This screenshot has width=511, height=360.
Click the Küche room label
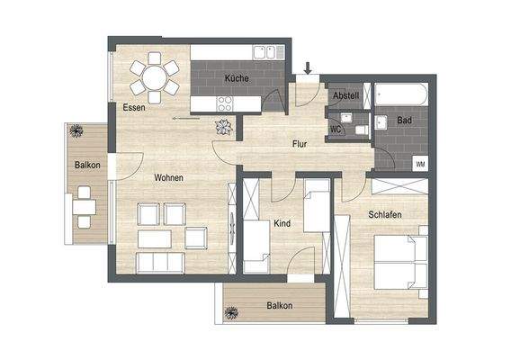point(238,79)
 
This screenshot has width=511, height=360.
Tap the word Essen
point(135,109)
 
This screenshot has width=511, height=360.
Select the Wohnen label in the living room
point(168,178)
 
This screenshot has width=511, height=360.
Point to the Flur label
point(300,144)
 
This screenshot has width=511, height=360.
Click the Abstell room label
point(346,95)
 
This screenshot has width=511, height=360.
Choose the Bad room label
point(404,120)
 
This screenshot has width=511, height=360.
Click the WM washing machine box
point(420,164)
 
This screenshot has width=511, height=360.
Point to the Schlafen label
point(384,215)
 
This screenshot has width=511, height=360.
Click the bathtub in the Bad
point(403,93)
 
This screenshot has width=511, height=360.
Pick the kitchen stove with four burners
point(223,104)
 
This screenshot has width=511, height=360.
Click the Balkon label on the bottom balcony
point(279,306)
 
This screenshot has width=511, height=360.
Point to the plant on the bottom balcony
point(231,313)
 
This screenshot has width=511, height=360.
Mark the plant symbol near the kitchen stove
point(222,127)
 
